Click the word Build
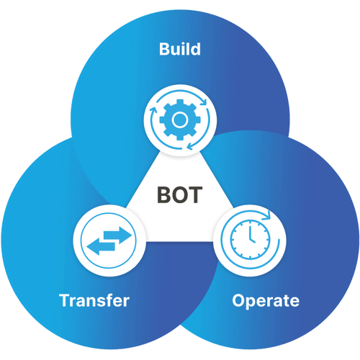coord(180,49)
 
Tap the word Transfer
coord(94,300)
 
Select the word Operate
coord(266,301)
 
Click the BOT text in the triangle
coord(179,195)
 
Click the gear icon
coord(180,120)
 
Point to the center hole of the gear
coord(180,120)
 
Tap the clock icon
coord(250,240)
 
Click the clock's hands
coord(251,235)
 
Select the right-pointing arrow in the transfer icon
coord(117,235)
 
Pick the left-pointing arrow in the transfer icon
coord(101,246)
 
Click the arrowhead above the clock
coord(266,215)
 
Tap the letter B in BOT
coord(164,195)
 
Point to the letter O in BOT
coord(179,195)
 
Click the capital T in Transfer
coord(65,300)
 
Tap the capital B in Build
coord(165,49)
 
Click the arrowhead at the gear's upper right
coord(204,102)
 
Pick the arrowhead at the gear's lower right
coord(190,146)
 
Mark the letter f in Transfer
coord(109,300)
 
